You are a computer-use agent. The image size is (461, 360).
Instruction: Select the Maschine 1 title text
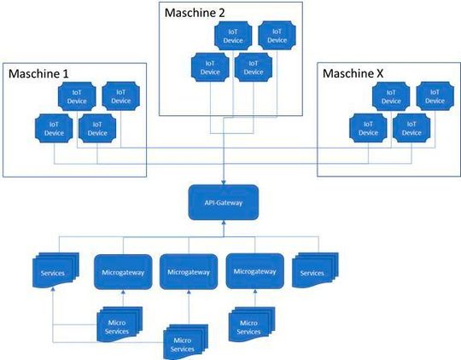point(38,74)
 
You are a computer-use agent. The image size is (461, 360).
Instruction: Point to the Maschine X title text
point(353,74)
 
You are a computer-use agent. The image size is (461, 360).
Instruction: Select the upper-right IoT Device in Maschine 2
point(276,35)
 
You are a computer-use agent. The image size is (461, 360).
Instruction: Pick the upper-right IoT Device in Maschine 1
point(120,96)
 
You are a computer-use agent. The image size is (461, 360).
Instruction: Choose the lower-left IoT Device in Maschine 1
point(54,128)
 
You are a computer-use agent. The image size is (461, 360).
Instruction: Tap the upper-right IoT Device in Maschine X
point(435,96)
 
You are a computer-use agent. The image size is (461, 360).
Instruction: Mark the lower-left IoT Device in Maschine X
point(368,128)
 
